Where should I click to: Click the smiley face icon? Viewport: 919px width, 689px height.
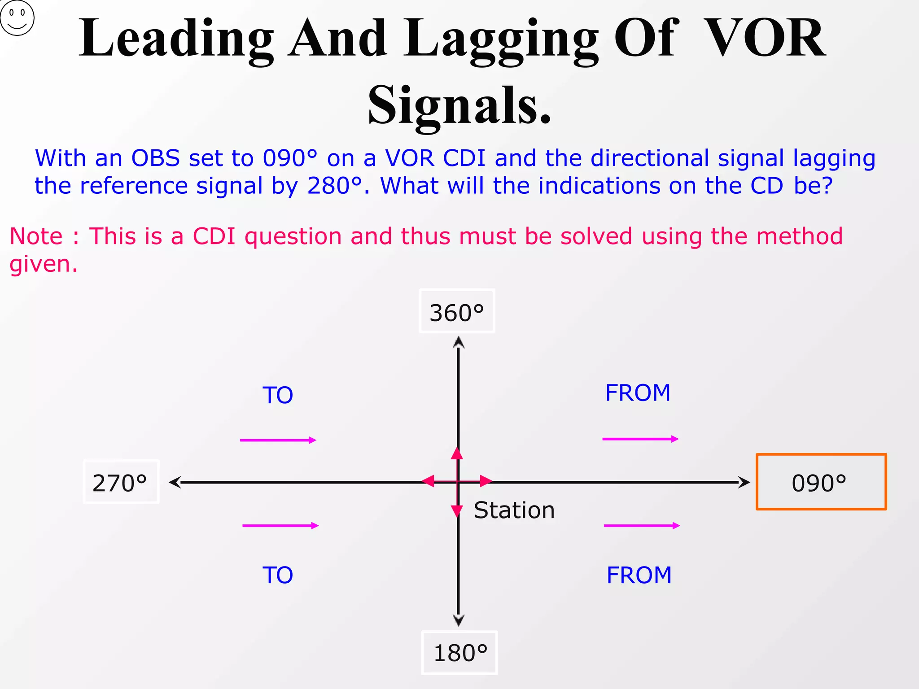tap(17, 18)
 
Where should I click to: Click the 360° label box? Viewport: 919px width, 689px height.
tap(457, 311)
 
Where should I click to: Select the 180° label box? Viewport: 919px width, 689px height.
tap(459, 653)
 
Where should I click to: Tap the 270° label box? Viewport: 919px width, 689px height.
tap(121, 482)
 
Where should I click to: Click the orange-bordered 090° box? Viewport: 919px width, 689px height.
tap(821, 482)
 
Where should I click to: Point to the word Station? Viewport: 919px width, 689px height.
tap(514, 510)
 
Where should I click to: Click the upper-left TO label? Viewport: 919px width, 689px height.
tap(278, 395)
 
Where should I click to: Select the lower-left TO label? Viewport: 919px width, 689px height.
tap(278, 575)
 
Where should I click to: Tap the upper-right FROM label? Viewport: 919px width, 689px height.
tap(638, 393)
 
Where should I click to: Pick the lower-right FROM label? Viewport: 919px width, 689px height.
tap(639, 575)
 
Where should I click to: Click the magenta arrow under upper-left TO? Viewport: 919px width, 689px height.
tap(278, 440)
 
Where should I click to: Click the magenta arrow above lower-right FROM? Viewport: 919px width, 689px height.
tap(642, 525)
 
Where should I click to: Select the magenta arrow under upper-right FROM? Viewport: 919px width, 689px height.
tap(640, 439)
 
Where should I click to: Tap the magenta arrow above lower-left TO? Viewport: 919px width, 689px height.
tap(280, 525)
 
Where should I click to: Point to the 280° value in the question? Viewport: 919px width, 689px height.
tap(334, 185)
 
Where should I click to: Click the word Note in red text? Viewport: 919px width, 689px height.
tap(36, 236)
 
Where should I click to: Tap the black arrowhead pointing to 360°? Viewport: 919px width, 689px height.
tap(458, 343)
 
